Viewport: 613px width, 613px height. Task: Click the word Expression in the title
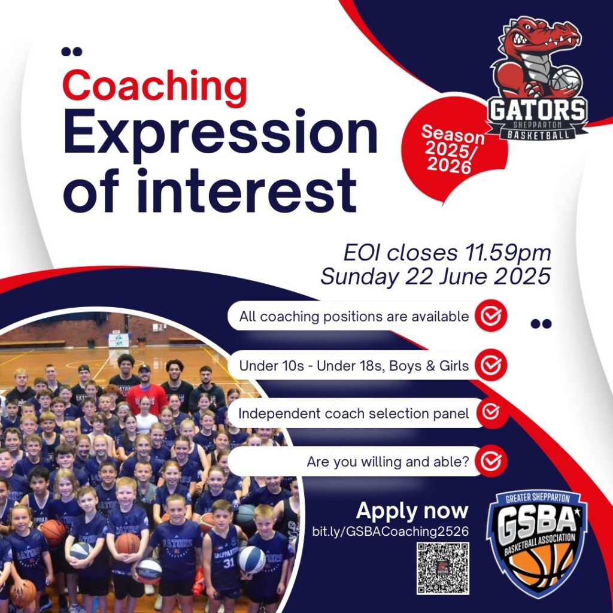click(x=220, y=132)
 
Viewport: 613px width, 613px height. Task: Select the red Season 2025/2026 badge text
click(x=451, y=148)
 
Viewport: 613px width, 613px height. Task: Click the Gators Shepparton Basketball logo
click(x=536, y=78)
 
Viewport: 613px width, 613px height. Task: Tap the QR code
click(x=442, y=569)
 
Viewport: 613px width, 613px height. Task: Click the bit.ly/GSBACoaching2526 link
click(x=390, y=532)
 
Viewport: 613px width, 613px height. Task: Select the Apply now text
click(x=412, y=511)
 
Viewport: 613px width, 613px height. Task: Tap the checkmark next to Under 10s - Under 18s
click(x=491, y=365)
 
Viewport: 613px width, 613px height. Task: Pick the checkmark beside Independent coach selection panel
click(x=491, y=412)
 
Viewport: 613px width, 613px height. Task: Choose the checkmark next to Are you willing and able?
click(x=491, y=462)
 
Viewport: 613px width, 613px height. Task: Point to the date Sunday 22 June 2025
click(x=436, y=277)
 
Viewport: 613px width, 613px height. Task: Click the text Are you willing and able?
click(x=388, y=462)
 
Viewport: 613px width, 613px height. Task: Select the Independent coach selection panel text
click(x=354, y=413)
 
